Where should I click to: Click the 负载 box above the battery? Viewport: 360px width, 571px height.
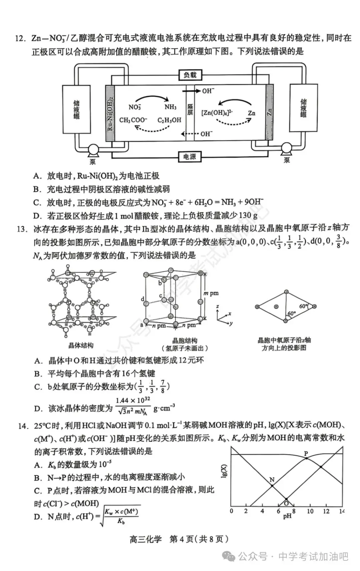[x=190, y=75]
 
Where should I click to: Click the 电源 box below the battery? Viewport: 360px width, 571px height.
[x=190, y=157]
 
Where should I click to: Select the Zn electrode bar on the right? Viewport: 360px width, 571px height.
[x=269, y=112]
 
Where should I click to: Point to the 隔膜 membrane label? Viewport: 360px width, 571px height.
[x=190, y=110]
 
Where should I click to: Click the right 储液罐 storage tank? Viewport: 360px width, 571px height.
[x=303, y=108]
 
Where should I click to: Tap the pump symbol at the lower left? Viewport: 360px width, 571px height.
[x=93, y=151]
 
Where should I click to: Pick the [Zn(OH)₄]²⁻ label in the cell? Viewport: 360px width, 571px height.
[x=217, y=113]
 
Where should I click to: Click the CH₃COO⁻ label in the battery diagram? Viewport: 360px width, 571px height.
[x=133, y=120]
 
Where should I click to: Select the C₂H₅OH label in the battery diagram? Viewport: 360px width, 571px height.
[x=169, y=120]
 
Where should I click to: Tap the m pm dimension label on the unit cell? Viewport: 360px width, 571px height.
[x=211, y=293]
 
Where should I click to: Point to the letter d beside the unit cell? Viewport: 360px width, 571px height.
[x=143, y=299]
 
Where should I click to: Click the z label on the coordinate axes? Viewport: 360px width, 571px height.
[x=217, y=306]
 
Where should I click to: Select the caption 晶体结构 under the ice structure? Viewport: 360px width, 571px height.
[x=81, y=345]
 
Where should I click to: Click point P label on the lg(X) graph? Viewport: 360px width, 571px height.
[x=306, y=454]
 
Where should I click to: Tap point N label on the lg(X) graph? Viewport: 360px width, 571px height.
[x=272, y=480]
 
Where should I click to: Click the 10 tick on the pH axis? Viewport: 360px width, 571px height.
[x=310, y=511]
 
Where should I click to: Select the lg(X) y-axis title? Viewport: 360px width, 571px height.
[x=224, y=471]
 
